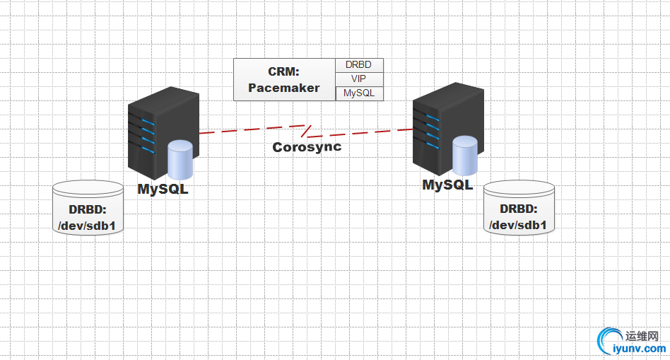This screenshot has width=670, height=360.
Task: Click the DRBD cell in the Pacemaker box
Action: (358, 65)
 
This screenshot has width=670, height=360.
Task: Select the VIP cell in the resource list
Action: (358, 79)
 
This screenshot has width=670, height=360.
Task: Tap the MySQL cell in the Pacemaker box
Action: (358, 93)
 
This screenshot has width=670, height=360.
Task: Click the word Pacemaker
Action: (284, 88)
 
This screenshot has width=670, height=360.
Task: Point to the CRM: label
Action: (284, 71)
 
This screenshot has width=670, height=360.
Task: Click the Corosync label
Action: (307, 147)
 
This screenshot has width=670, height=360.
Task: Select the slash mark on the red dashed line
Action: (305, 130)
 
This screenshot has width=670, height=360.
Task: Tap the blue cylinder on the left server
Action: (180, 161)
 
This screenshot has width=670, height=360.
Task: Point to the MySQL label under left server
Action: (163, 190)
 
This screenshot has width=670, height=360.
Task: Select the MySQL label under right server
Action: (447, 185)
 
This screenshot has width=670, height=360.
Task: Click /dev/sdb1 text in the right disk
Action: (519, 226)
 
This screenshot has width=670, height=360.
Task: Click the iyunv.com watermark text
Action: (639, 349)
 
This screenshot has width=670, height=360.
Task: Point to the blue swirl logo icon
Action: (609, 341)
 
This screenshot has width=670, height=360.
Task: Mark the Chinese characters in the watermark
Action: (642, 335)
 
